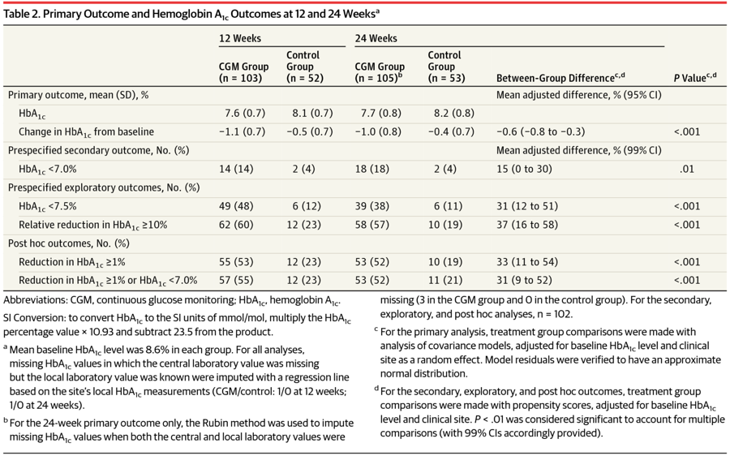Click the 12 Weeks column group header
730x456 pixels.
[240, 38]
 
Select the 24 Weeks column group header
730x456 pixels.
[376, 38]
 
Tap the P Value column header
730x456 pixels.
[694, 77]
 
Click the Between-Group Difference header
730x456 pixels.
[560, 77]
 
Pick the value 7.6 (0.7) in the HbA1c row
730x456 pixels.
[245, 113]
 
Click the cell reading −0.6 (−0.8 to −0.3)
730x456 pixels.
[540, 131]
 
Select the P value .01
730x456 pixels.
[687, 169]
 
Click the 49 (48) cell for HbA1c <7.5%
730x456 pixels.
[236, 206]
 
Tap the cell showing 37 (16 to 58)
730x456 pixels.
[527, 225]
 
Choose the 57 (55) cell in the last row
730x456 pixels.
[236, 281]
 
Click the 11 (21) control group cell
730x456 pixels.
[445, 281]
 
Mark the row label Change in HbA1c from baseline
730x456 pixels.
[86, 132]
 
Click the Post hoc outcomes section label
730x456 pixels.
[68, 243]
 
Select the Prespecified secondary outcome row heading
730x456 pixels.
[98, 150]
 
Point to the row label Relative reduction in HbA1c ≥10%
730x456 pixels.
[92, 226]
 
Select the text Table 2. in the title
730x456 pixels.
[21, 14]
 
